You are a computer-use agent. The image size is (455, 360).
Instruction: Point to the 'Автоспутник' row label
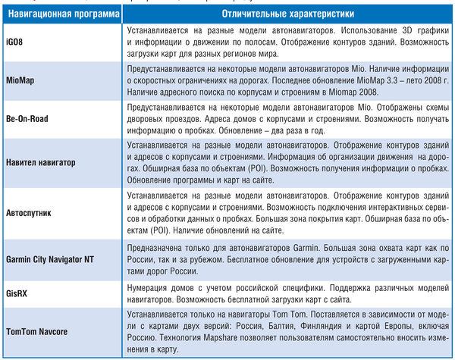[30, 214]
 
